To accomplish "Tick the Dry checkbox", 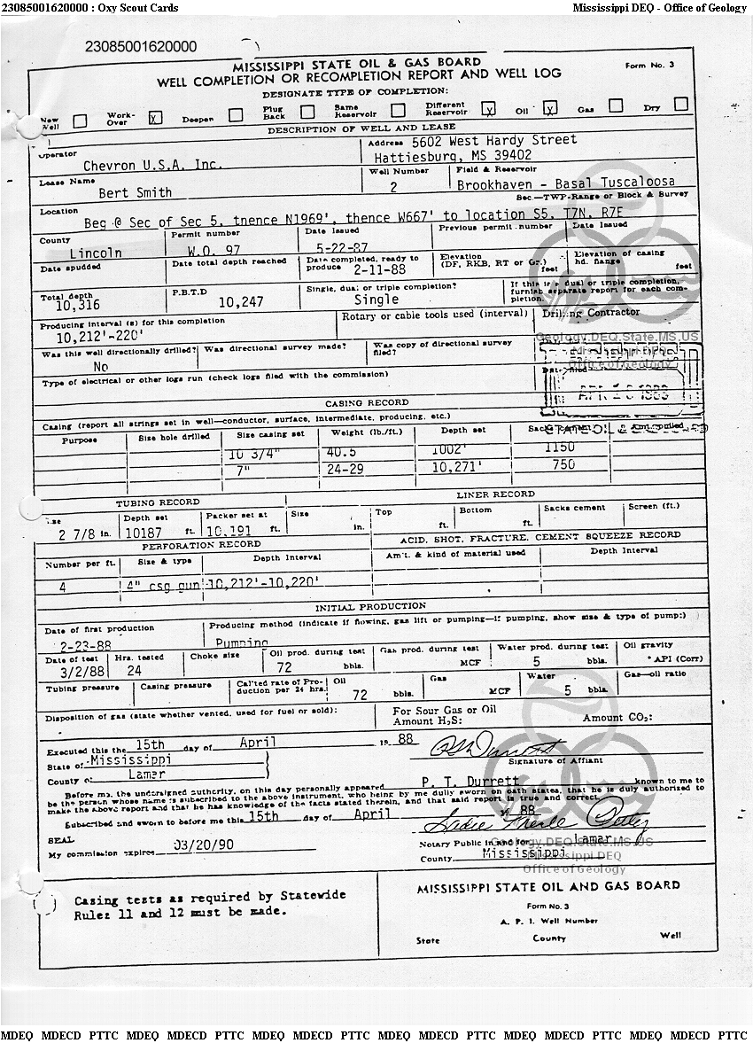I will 680,105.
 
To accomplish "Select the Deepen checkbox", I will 236,114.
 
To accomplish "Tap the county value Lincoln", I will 96,253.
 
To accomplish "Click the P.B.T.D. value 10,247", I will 241,301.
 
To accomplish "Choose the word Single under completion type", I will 376,300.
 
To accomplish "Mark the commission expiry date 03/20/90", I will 205,845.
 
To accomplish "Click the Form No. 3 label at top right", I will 649,66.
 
